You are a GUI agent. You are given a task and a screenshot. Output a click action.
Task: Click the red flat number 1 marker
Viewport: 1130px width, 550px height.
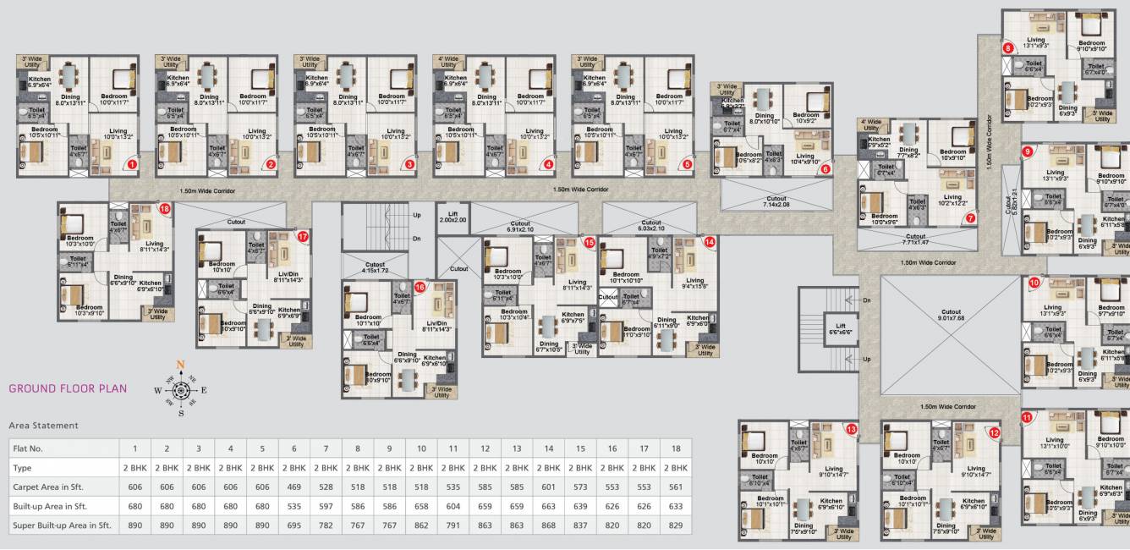tap(132, 165)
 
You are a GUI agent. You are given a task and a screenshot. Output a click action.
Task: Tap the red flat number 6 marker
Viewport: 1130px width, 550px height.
tap(826, 168)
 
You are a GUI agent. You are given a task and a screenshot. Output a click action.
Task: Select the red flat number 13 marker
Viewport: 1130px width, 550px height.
tap(851, 431)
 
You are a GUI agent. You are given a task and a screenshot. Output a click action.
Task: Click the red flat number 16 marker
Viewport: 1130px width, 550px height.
tap(420, 288)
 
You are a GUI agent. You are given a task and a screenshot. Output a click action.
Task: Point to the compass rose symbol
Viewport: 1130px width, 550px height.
tap(180, 390)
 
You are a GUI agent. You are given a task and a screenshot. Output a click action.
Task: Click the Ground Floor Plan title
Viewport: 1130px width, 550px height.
tap(68, 389)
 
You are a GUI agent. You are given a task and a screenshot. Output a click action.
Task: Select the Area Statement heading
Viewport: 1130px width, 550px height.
tap(43, 426)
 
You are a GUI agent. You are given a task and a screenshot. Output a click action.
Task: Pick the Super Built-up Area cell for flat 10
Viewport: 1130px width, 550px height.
tap(421, 525)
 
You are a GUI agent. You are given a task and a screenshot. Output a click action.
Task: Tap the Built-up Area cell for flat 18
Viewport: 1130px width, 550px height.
tap(675, 506)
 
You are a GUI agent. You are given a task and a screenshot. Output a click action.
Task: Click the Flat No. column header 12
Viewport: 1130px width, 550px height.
tap(485, 448)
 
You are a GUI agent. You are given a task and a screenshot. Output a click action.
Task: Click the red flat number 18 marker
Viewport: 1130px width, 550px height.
tap(164, 208)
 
